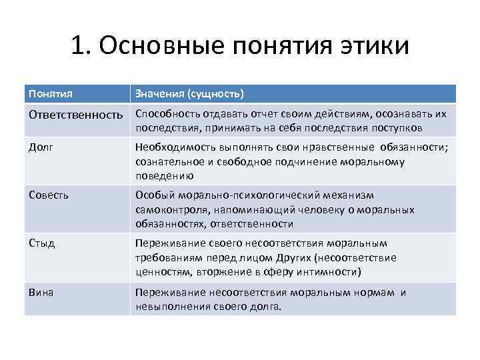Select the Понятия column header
click(x=51, y=93)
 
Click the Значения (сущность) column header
click(x=189, y=93)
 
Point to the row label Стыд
click(x=42, y=243)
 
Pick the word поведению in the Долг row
click(x=164, y=175)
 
